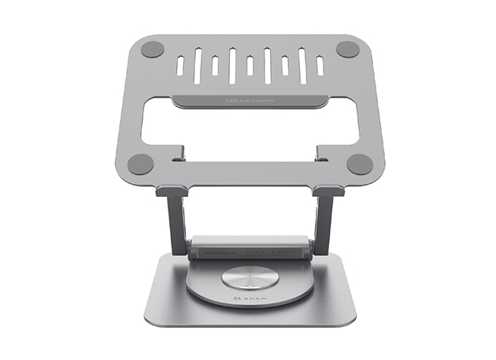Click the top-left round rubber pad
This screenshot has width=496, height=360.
pyautogui.click(x=152, y=49)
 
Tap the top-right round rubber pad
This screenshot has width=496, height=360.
pyautogui.click(x=347, y=49)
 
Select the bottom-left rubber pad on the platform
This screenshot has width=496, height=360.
pyautogui.click(x=140, y=165)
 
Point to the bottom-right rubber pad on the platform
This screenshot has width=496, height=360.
pyautogui.click(x=359, y=165)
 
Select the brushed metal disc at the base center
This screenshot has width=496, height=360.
pyautogui.click(x=248, y=280)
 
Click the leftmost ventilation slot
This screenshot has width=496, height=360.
pyautogui.click(x=180, y=65)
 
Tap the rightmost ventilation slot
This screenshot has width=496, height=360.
pyautogui.click(x=320, y=65)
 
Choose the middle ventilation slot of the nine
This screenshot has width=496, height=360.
pyautogui.click(x=250, y=65)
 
